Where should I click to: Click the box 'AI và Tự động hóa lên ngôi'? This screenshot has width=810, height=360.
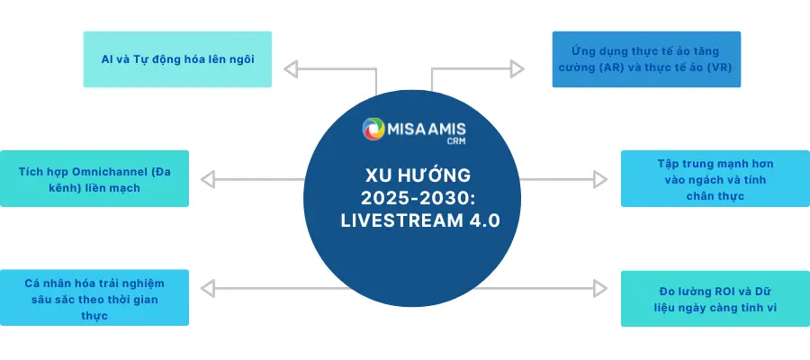pyautogui.click(x=177, y=59)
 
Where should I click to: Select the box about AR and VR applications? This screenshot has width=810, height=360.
pyautogui.click(x=646, y=59)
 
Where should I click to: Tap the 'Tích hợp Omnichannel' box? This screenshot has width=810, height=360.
pyautogui.click(x=94, y=178)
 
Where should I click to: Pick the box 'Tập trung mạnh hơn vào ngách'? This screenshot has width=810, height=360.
pyautogui.click(x=715, y=179)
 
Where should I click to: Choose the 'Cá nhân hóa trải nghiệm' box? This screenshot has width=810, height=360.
pyautogui.click(x=94, y=298)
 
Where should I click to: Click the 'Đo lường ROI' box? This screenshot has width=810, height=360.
pyautogui.click(x=715, y=298)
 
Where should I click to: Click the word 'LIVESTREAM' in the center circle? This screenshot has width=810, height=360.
pyautogui.click(x=391, y=219)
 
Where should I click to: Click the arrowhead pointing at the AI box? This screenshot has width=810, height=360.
pyautogui.click(x=291, y=67)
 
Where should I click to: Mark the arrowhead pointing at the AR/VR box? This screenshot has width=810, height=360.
pyautogui.click(x=516, y=67)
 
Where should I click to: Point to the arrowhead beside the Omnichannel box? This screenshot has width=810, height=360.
pyautogui.click(x=208, y=178)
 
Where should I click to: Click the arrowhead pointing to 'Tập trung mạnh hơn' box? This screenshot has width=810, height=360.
pyautogui.click(x=602, y=178)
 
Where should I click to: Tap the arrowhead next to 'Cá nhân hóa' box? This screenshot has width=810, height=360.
pyautogui.click(x=208, y=287)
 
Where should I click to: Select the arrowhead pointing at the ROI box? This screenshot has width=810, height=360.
pyautogui.click(x=602, y=287)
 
